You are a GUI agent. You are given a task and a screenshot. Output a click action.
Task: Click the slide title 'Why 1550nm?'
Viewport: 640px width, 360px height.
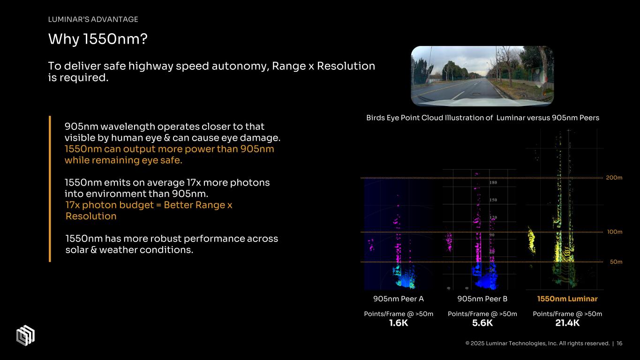[98, 40]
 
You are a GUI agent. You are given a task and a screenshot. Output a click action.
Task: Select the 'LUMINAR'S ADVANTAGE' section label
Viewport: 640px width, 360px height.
[93, 19]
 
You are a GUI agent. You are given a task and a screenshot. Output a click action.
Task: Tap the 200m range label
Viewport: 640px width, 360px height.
[614, 178]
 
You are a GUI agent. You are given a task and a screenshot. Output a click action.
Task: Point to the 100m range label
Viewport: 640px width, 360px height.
[614, 232]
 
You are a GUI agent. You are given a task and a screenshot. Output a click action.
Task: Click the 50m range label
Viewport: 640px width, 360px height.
[616, 262]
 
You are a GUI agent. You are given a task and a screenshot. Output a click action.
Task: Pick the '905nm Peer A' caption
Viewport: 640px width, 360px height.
[399, 299]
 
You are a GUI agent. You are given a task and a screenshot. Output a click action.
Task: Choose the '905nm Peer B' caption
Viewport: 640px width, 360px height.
[482, 299]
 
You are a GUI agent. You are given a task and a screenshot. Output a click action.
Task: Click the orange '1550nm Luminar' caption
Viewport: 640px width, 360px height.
[567, 299]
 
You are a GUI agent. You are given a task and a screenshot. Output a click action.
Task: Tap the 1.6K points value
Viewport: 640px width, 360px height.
[399, 323]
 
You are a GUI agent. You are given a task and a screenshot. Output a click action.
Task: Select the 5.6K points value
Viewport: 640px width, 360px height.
[482, 323]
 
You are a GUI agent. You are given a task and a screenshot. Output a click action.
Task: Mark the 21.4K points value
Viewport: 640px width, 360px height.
[567, 323]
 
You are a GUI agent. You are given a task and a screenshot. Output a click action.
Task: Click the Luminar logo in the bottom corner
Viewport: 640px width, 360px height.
[25, 335]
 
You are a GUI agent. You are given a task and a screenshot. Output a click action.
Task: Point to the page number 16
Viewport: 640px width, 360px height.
[619, 344]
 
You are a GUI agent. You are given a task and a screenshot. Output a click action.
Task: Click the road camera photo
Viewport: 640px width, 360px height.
[482, 76]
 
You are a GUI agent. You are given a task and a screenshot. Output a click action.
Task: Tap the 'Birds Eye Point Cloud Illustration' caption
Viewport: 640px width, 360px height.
[482, 118]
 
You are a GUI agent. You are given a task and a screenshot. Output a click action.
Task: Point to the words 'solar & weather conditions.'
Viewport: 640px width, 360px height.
[129, 250]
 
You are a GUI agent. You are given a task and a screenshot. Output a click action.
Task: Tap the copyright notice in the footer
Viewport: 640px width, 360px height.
[537, 344]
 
